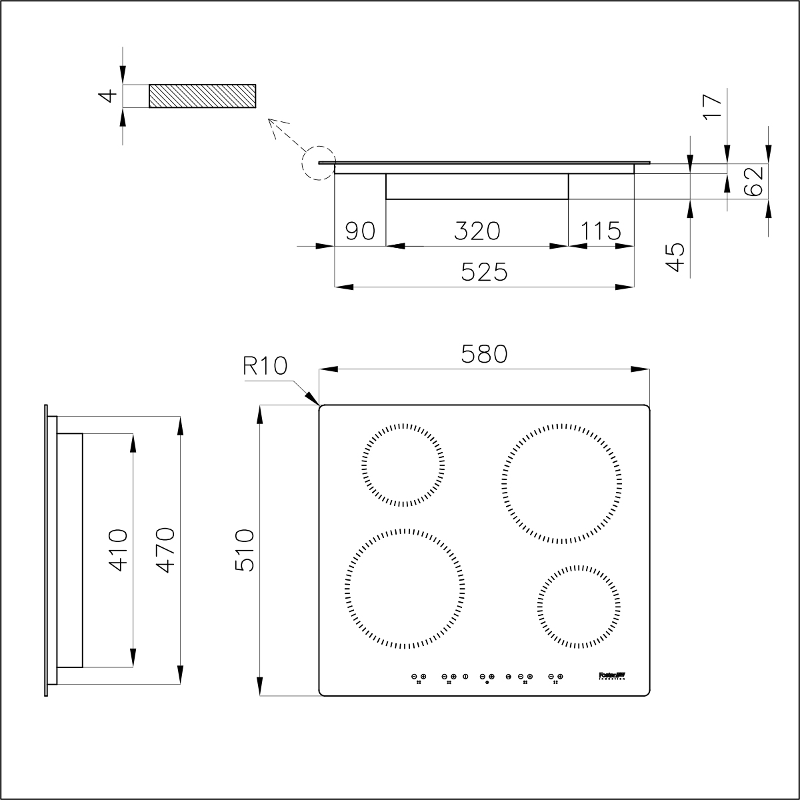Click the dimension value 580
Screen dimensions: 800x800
[484, 354]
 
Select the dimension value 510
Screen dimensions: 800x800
[245, 550]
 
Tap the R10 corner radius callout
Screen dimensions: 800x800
[265, 366]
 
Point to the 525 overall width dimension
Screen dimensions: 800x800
[484, 272]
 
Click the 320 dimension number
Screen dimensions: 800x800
[477, 231]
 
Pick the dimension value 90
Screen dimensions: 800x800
[360, 231]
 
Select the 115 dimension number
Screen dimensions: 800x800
[600, 231]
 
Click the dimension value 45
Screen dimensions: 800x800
[676, 257]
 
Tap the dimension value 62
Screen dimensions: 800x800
[752, 181]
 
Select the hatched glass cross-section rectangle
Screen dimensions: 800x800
[202, 96]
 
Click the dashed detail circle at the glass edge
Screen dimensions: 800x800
[317, 163]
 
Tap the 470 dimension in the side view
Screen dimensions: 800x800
[165, 550]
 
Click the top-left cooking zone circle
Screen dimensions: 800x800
[403, 464]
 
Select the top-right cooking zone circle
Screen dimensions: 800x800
[563, 483]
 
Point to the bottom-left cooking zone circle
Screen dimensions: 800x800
[405, 589]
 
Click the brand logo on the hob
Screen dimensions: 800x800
[609, 676]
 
